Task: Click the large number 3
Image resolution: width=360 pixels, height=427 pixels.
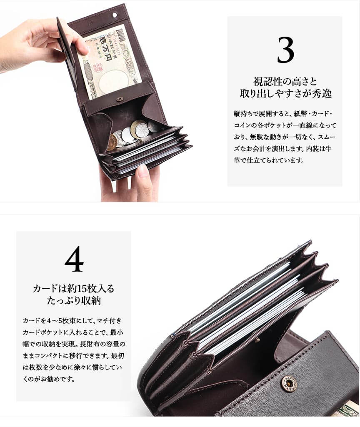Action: point(285,50)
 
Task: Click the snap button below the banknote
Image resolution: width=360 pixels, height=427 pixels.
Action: point(119,99)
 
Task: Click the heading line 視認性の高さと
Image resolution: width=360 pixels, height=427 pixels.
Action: point(285,81)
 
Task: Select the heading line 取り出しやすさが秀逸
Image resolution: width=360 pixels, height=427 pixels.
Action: point(285,93)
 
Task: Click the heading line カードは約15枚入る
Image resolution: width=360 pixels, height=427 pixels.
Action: point(73,288)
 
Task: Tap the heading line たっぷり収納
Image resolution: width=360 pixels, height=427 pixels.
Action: point(73,300)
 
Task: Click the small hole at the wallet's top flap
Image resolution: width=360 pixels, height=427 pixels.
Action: point(115,15)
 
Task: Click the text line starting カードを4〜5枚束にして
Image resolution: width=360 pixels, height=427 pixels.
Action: point(72,320)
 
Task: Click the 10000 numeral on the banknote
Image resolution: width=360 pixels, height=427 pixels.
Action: point(121,34)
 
